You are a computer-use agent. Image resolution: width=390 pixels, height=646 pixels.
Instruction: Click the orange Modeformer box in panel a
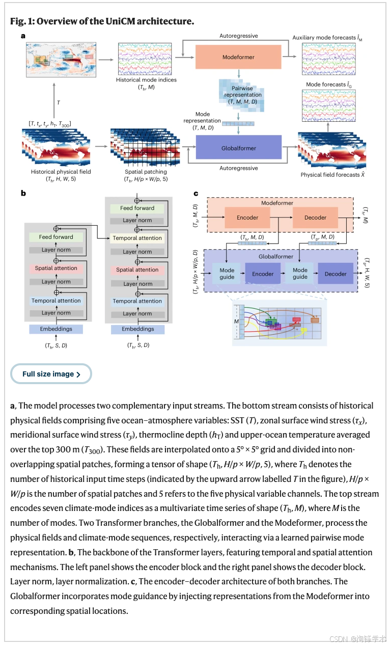point(238,57)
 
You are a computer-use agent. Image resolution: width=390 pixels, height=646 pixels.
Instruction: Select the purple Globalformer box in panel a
point(238,147)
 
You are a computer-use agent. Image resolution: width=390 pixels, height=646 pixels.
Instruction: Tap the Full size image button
point(51,374)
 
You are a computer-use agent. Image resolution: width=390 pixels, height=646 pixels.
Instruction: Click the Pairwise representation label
point(243,95)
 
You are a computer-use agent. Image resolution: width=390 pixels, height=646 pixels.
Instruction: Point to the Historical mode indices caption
point(146,83)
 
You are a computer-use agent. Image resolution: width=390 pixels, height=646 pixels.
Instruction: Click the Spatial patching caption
point(146,175)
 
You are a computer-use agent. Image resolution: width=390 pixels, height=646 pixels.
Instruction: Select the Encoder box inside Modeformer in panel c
point(247,218)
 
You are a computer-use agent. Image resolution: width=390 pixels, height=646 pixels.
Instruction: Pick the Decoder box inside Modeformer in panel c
point(315,218)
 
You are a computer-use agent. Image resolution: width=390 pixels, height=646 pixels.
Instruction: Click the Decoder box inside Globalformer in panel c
point(336,274)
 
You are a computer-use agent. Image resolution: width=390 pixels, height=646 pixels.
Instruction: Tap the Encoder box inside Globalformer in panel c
point(263,274)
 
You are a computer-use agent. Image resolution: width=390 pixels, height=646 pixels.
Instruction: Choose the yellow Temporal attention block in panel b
point(137,238)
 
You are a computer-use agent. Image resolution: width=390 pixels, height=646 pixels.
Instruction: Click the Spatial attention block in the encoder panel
point(56,268)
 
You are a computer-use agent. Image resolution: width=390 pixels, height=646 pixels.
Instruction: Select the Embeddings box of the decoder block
point(138,329)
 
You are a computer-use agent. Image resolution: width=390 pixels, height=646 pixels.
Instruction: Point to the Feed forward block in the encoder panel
point(56,237)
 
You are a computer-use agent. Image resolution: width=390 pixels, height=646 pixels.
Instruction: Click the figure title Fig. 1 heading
point(102,21)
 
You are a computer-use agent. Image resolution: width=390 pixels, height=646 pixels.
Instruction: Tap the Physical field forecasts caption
point(332,174)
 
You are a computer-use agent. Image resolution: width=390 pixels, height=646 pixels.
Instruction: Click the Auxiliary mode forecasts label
point(327,38)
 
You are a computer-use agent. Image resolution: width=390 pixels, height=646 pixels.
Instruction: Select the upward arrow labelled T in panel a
point(54,100)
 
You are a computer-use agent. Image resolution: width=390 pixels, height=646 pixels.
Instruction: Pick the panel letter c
point(196,194)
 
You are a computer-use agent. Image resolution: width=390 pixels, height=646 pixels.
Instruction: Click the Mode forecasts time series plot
point(328,105)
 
